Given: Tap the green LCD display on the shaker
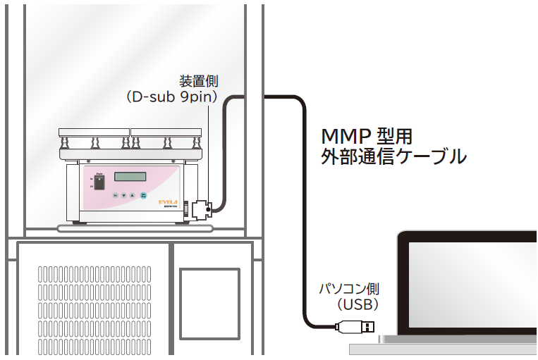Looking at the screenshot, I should click(130, 177).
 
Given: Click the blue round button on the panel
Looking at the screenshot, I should click(143, 196).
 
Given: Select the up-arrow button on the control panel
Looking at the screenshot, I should click(131, 196).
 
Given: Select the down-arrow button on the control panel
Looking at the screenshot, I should click(123, 196).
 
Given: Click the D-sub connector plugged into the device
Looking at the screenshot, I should click(199, 209).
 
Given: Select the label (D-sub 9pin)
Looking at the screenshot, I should click(171, 97).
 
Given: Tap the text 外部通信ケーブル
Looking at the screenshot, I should click(393, 156).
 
